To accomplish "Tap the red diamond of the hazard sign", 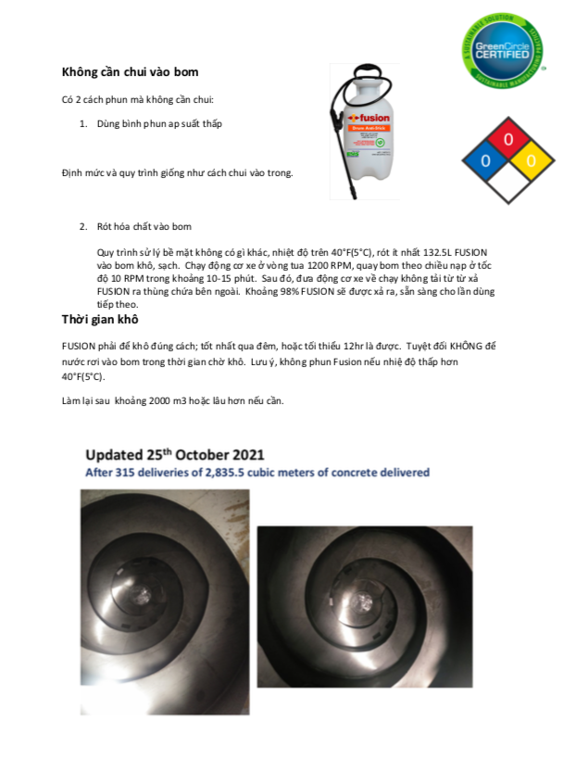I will pos(507,140).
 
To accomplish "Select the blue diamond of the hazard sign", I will pos(483,160).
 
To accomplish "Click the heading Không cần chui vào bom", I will pos(130,71).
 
